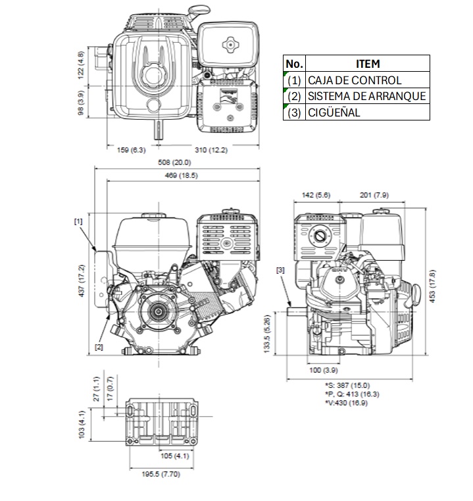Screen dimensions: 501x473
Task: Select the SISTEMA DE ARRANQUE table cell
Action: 367,96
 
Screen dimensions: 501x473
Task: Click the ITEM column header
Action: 367,64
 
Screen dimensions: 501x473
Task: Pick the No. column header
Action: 294,64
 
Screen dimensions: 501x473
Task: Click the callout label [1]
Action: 78,222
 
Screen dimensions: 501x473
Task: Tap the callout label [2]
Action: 99,346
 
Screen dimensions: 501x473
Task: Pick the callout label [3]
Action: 281,270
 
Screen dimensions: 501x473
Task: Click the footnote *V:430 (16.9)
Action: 347,402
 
